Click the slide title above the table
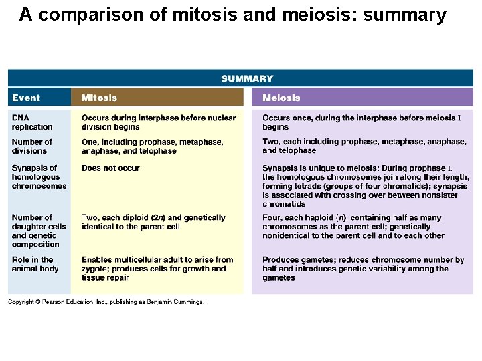pyautogui.click(x=232, y=15)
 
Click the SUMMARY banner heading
pyautogui.click(x=247, y=79)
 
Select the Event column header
pyautogui.click(x=26, y=98)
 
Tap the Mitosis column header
pyautogui.click(x=99, y=98)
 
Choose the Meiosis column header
pyautogui.click(x=281, y=98)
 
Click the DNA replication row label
pyautogui.click(x=31, y=122)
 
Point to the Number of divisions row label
pyautogui.click(x=31, y=146)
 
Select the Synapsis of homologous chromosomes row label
pyautogui.click(x=39, y=176)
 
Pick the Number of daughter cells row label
pyautogui.click(x=39, y=231)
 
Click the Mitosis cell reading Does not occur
pyautogui.click(x=110, y=168)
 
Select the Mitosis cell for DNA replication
pyautogui.click(x=159, y=122)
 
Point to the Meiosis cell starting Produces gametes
pyautogui.click(x=363, y=269)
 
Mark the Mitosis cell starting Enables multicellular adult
pyautogui.click(x=157, y=269)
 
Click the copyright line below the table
pyautogui.click(x=106, y=302)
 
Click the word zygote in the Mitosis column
pyautogui.click(x=95, y=269)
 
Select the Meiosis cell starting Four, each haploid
pyautogui.click(x=353, y=226)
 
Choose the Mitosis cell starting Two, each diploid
pyautogui.click(x=153, y=222)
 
